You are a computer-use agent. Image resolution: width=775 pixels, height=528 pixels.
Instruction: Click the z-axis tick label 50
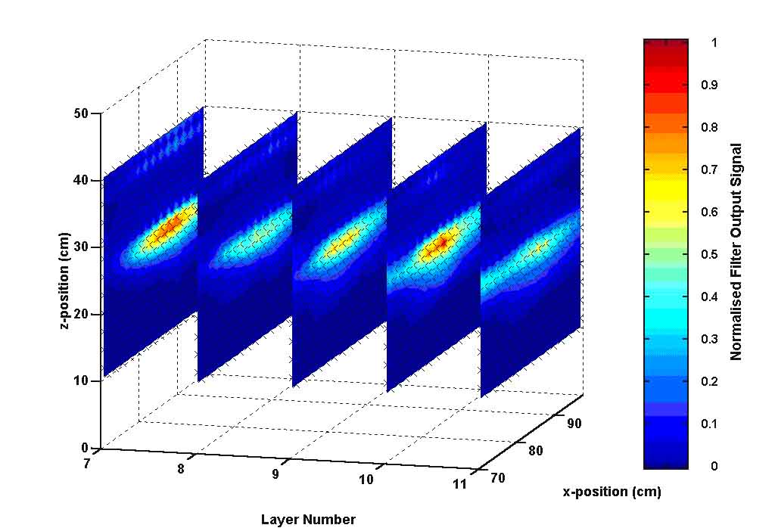[81, 113]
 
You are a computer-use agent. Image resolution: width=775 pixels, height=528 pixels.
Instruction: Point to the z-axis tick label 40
[81, 180]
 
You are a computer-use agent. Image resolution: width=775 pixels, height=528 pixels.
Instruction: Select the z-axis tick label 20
[81, 314]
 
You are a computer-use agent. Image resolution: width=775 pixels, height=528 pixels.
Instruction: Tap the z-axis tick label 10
[81, 380]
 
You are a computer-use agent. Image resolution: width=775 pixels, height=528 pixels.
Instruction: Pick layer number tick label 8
[181, 470]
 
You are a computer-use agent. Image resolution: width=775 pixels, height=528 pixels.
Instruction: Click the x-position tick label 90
[574, 424]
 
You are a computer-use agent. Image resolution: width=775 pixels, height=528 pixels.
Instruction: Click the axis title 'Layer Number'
[308, 520]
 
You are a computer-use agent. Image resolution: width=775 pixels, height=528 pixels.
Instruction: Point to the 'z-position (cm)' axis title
[67, 280]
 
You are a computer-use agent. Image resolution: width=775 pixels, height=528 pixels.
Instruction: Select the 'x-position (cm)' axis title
[612, 492]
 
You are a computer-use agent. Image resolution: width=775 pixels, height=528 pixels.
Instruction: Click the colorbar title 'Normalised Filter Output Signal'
[736, 252]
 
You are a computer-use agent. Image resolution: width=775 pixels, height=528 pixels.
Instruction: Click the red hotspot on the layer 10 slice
[443, 242]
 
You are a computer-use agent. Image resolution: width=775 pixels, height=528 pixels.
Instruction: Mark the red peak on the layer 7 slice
[173, 224]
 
